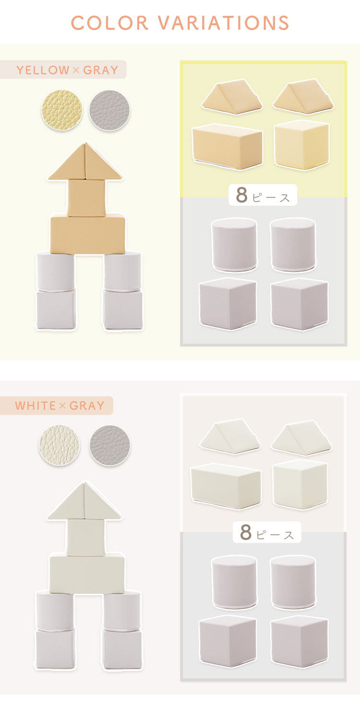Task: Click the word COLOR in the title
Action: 109,23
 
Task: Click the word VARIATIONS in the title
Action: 223,23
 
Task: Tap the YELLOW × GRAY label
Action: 68,70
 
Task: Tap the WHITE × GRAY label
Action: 60,405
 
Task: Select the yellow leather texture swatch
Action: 62,110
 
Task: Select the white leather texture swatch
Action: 60,445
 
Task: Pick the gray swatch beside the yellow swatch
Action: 109,110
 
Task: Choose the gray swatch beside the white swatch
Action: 109,445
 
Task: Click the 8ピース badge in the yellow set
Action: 263,195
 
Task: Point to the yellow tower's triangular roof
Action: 85,161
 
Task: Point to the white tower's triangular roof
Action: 84,501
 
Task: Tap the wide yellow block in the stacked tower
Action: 88,234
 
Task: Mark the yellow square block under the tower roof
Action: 86,198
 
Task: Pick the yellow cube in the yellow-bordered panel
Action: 301,144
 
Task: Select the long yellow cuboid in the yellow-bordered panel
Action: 228,146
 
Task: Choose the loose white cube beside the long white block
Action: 300,485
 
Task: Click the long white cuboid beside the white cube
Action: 226,486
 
